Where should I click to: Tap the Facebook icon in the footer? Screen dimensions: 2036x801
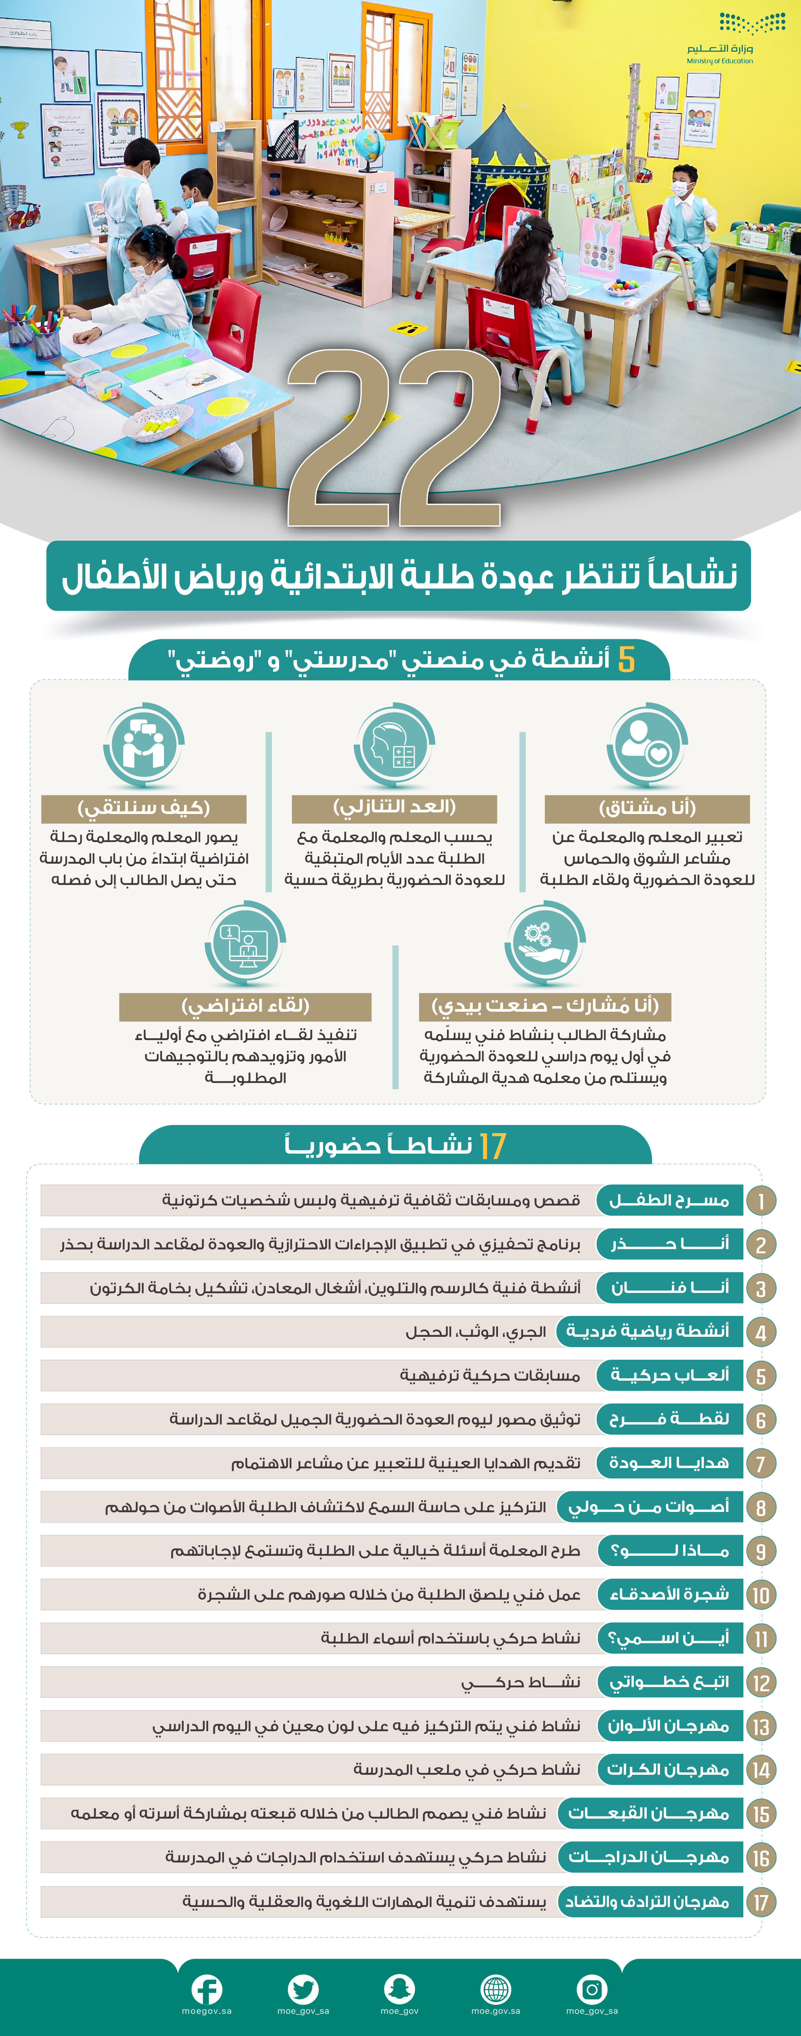pos(206,1989)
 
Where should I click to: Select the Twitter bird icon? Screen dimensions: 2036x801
pos(303,1989)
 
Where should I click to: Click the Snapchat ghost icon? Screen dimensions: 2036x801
pos(399,1989)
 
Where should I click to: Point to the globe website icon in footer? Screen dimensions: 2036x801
pos(496,1989)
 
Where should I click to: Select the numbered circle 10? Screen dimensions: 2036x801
pos(761,1595)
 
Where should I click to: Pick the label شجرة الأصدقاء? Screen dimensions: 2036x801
pos(669,1594)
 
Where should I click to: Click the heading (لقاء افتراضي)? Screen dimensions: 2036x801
pos(245,1006)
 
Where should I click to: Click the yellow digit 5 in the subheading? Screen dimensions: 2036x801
pos(626,659)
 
